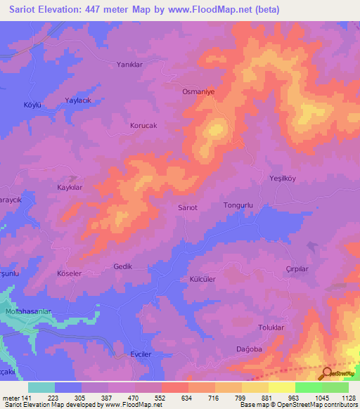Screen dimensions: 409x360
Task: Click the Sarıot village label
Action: pyautogui.click(x=187, y=208)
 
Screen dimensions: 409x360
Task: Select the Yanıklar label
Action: pyautogui.click(x=129, y=64)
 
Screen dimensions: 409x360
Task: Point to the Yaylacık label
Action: pyautogui.click(x=79, y=100)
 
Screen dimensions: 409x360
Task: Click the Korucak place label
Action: pyautogui.click(x=143, y=126)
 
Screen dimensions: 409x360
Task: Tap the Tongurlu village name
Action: pyautogui.click(x=237, y=205)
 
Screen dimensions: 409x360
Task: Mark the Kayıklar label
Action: pyautogui.click(x=70, y=188)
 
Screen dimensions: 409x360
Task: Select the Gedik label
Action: pyautogui.click(x=122, y=266)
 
